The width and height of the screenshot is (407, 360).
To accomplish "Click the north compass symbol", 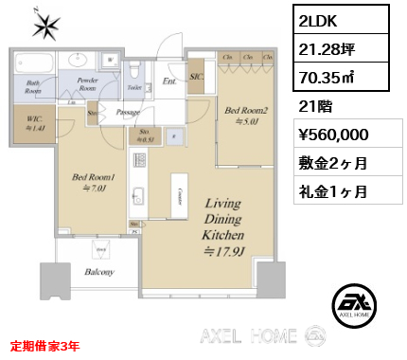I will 45,25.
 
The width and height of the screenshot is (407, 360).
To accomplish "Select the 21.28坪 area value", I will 319,49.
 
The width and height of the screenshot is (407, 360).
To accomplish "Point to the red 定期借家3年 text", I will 45,347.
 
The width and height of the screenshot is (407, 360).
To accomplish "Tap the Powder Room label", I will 88,83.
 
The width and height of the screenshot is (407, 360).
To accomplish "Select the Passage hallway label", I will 128,112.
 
